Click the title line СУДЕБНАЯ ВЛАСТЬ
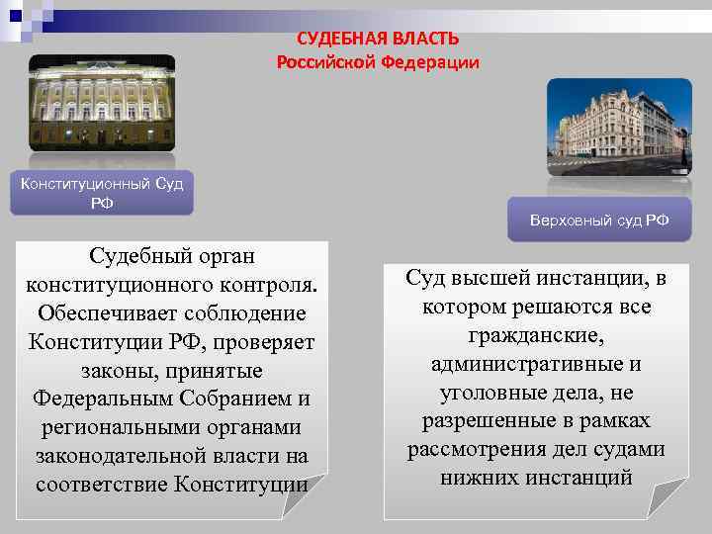pos(378,39)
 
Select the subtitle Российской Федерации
pos(378,62)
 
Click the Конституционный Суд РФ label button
pos(102,193)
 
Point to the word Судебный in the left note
pos(131,256)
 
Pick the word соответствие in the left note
pos(102,486)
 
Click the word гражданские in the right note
pos(536,335)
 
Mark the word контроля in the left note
pos(272,285)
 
